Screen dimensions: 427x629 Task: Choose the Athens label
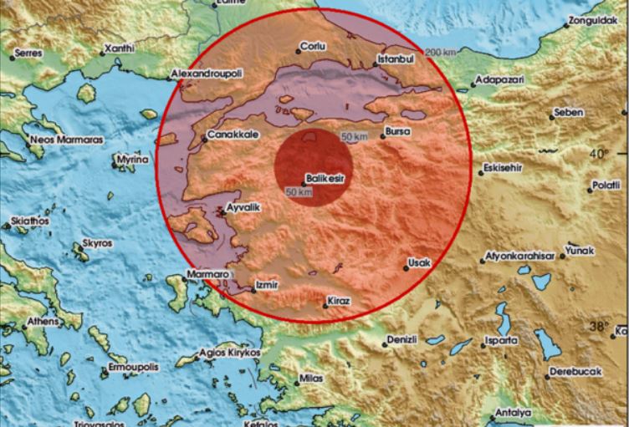(x=43, y=320)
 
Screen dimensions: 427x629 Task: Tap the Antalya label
(x=513, y=413)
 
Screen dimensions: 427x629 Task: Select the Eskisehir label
(x=502, y=167)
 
